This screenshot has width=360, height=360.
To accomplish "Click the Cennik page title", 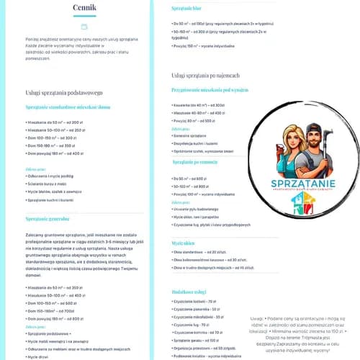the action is [84, 9].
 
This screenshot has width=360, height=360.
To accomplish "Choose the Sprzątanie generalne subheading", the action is [47, 218].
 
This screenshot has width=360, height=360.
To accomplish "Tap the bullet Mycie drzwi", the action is [40, 356].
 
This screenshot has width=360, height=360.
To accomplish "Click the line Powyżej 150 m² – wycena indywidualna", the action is [205, 45].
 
